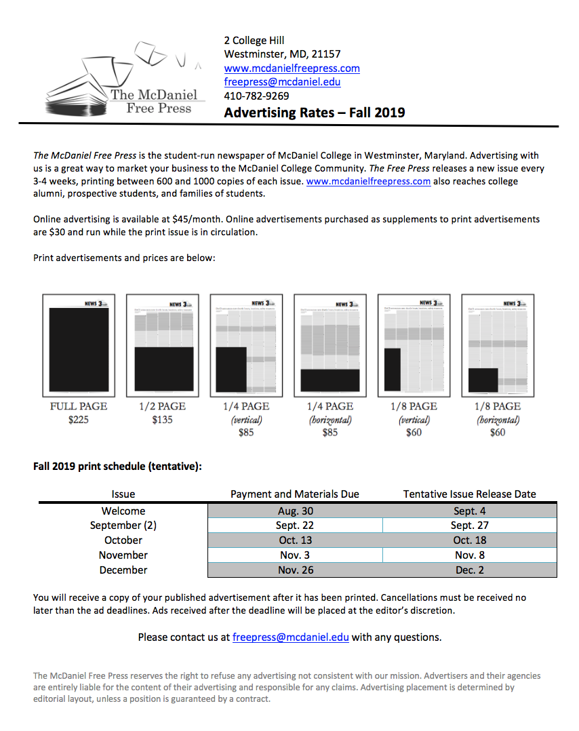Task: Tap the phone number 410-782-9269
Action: click(256, 96)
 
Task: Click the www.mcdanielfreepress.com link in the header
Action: click(292, 68)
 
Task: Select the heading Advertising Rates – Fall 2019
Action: click(315, 113)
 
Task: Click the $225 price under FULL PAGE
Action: click(79, 420)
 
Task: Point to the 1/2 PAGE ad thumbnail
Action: click(163, 345)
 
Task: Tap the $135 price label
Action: click(163, 420)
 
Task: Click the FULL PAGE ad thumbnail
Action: click(79, 345)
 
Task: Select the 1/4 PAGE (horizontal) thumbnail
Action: click(330, 345)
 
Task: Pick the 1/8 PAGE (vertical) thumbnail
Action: click(414, 345)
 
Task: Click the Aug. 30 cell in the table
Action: click(296, 511)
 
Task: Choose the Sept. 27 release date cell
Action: click(469, 526)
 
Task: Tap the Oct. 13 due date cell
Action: click(296, 540)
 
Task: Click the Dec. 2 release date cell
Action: click(469, 570)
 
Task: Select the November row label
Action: click(123, 555)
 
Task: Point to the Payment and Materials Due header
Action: click(295, 494)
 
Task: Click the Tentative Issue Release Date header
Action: click(469, 494)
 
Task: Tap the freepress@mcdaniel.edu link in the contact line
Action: click(290, 637)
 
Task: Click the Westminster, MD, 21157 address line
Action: click(282, 54)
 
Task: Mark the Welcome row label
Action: click(123, 511)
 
